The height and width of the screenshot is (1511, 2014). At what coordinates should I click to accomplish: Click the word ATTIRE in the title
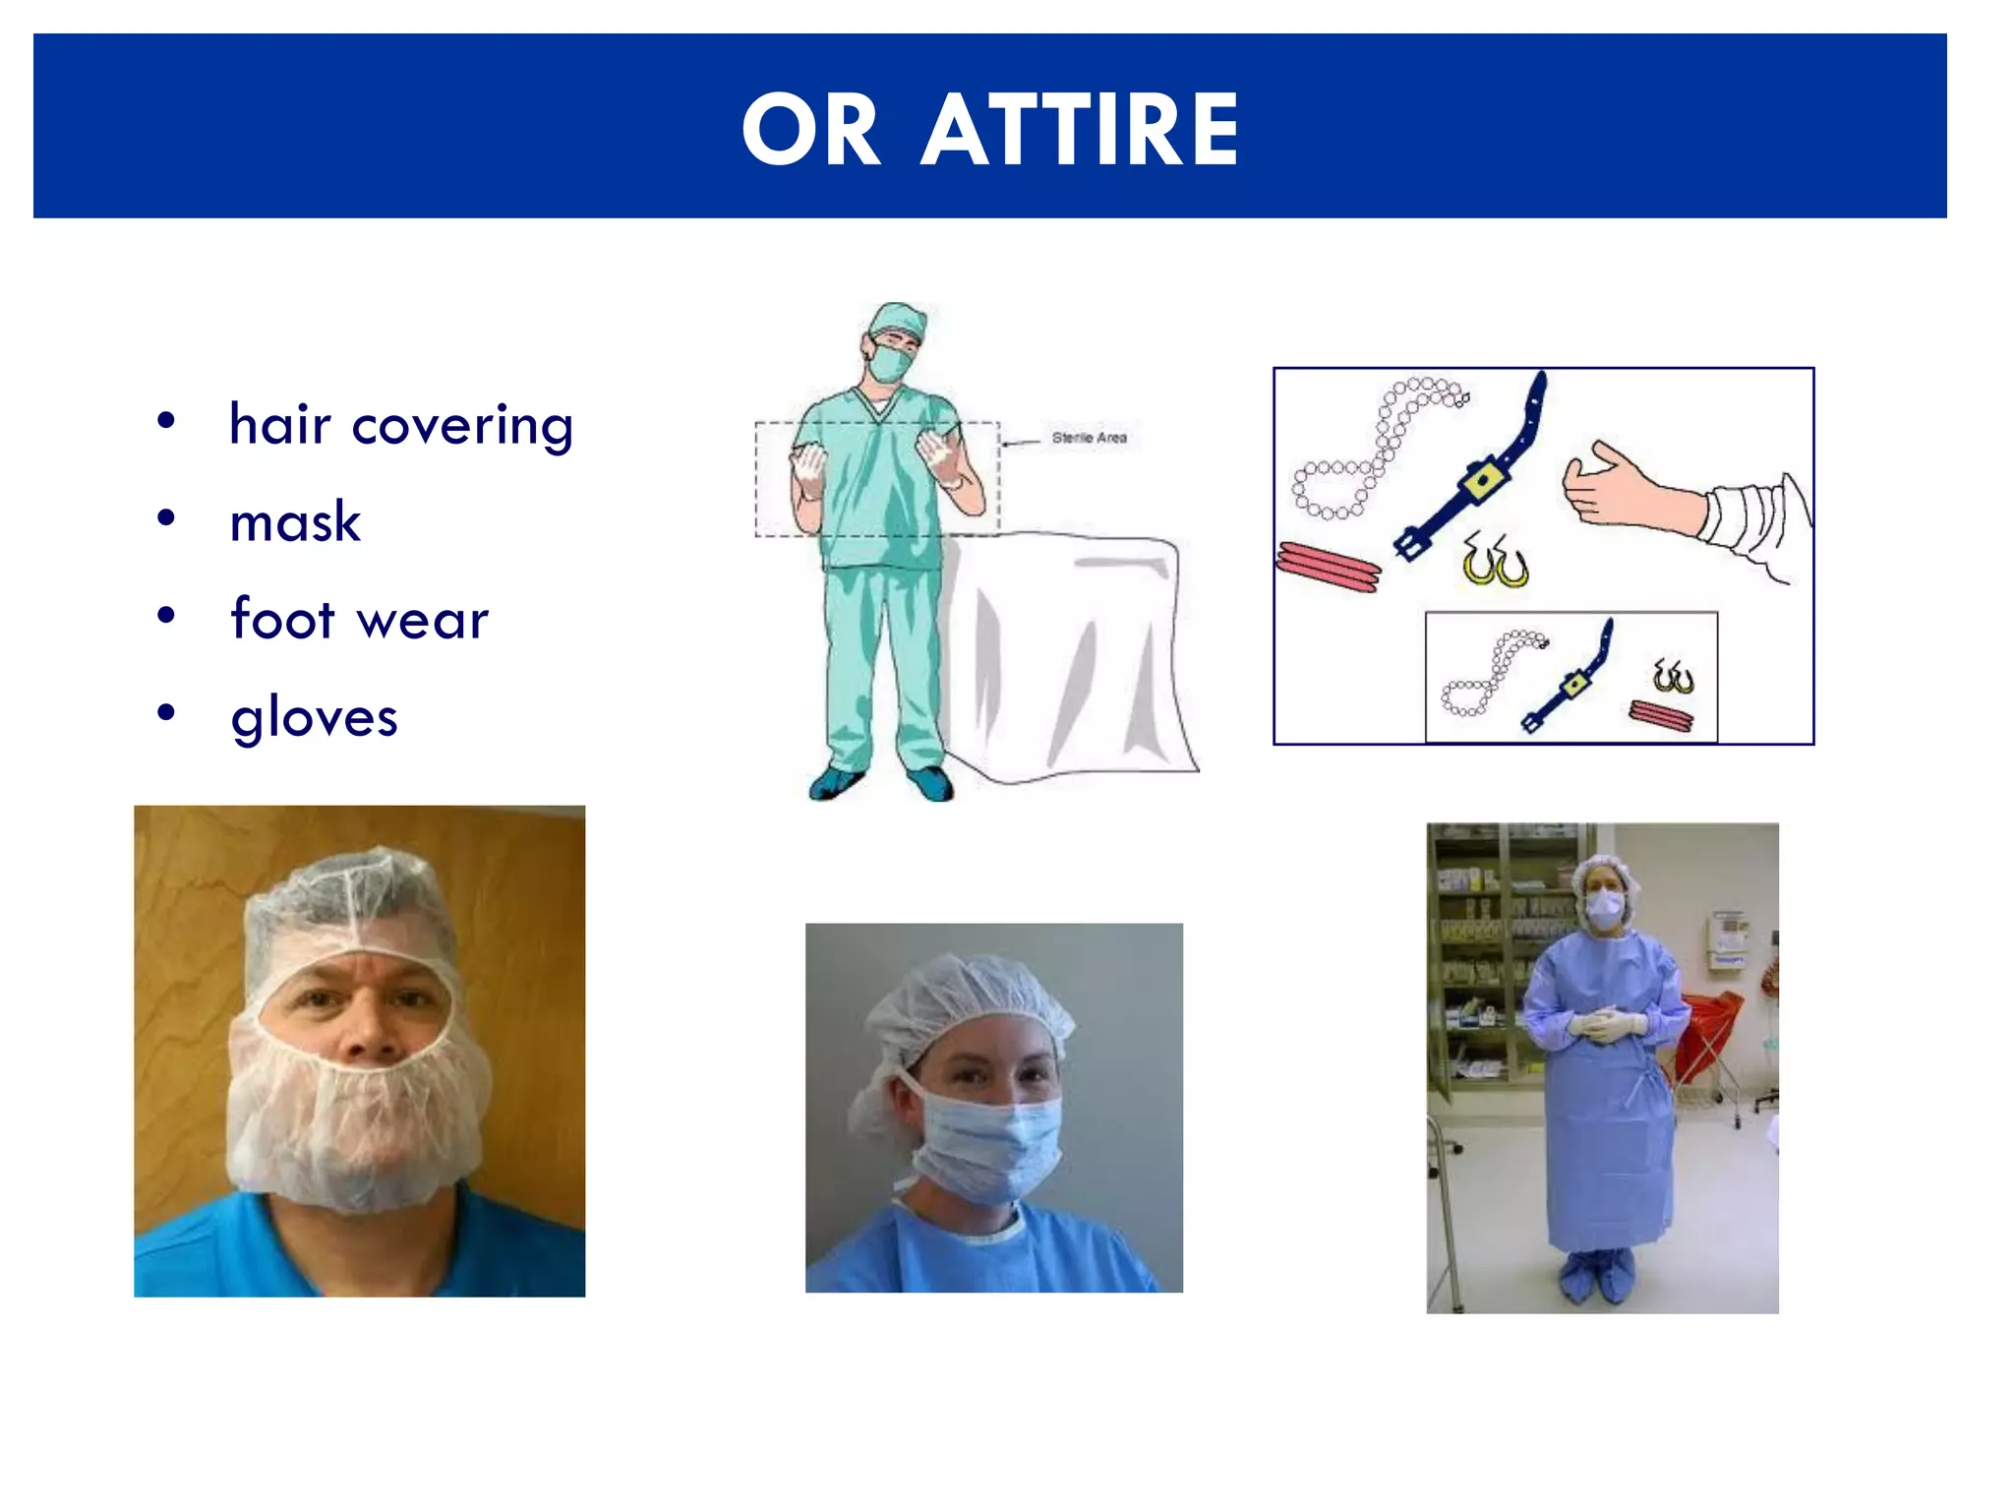click(x=1079, y=131)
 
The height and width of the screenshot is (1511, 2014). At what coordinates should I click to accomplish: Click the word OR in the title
click(x=811, y=131)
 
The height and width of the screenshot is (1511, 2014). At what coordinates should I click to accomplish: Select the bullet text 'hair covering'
click(x=400, y=425)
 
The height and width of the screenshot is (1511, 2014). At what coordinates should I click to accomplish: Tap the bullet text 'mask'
click(x=295, y=522)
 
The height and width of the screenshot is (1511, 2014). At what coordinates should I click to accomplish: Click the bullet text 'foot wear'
click(x=359, y=620)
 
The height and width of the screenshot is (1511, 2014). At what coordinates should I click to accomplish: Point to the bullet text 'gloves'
click(x=314, y=717)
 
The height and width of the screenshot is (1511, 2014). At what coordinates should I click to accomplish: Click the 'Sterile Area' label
click(x=1089, y=438)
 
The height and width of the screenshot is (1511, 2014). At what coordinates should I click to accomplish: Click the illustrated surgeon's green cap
click(x=898, y=319)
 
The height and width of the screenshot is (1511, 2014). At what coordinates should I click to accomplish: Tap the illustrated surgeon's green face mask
click(x=891, y=363)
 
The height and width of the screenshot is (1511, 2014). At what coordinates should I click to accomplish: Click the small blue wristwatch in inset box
click(x=1570, y=679)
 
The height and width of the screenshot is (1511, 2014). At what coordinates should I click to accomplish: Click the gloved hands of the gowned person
click(x=1605, y=1024)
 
